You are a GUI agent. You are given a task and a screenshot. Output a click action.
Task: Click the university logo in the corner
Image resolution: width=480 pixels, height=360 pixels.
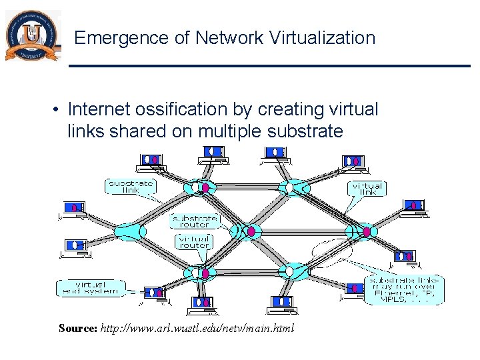[x=31, y=37]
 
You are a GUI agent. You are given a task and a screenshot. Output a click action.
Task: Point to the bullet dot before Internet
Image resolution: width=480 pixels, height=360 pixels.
[x=59, y=109]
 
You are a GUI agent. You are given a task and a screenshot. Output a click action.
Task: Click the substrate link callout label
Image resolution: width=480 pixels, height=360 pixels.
[x=130, y=186]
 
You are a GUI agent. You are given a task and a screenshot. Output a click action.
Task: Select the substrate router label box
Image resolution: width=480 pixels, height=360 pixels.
[x=195, y=221]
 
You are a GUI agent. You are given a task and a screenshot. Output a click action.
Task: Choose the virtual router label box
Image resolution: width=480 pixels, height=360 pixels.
[x=195, y=241]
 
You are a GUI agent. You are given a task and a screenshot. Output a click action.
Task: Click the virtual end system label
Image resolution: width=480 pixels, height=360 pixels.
[x=90, y=288]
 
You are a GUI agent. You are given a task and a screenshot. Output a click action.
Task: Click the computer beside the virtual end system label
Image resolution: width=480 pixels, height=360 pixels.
[x=155, y=293]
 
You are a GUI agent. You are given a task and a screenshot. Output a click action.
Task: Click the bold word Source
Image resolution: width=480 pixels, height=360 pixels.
[x=78, y=329]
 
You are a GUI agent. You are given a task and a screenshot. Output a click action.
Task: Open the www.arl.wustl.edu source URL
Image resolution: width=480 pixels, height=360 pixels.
[x=196, y=329]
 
